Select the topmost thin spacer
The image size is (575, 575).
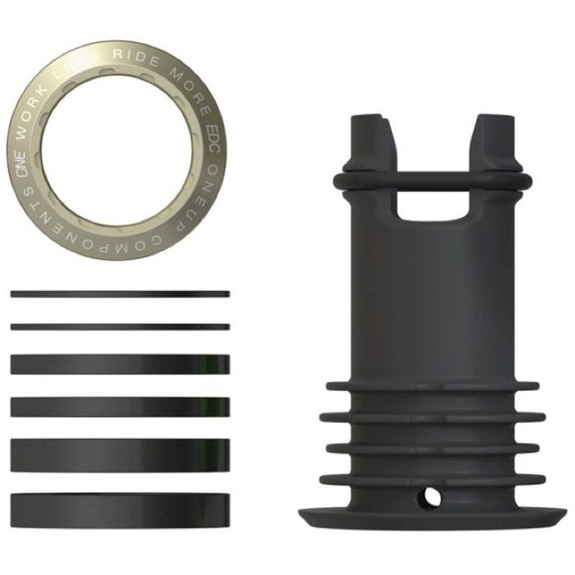[120, 294]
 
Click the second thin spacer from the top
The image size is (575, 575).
[120, 326]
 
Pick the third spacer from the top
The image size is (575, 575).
[120, 364]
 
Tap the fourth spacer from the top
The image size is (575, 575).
[120, 407]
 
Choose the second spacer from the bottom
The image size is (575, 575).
[120, 455]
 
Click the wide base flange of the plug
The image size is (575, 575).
[432, 518]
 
